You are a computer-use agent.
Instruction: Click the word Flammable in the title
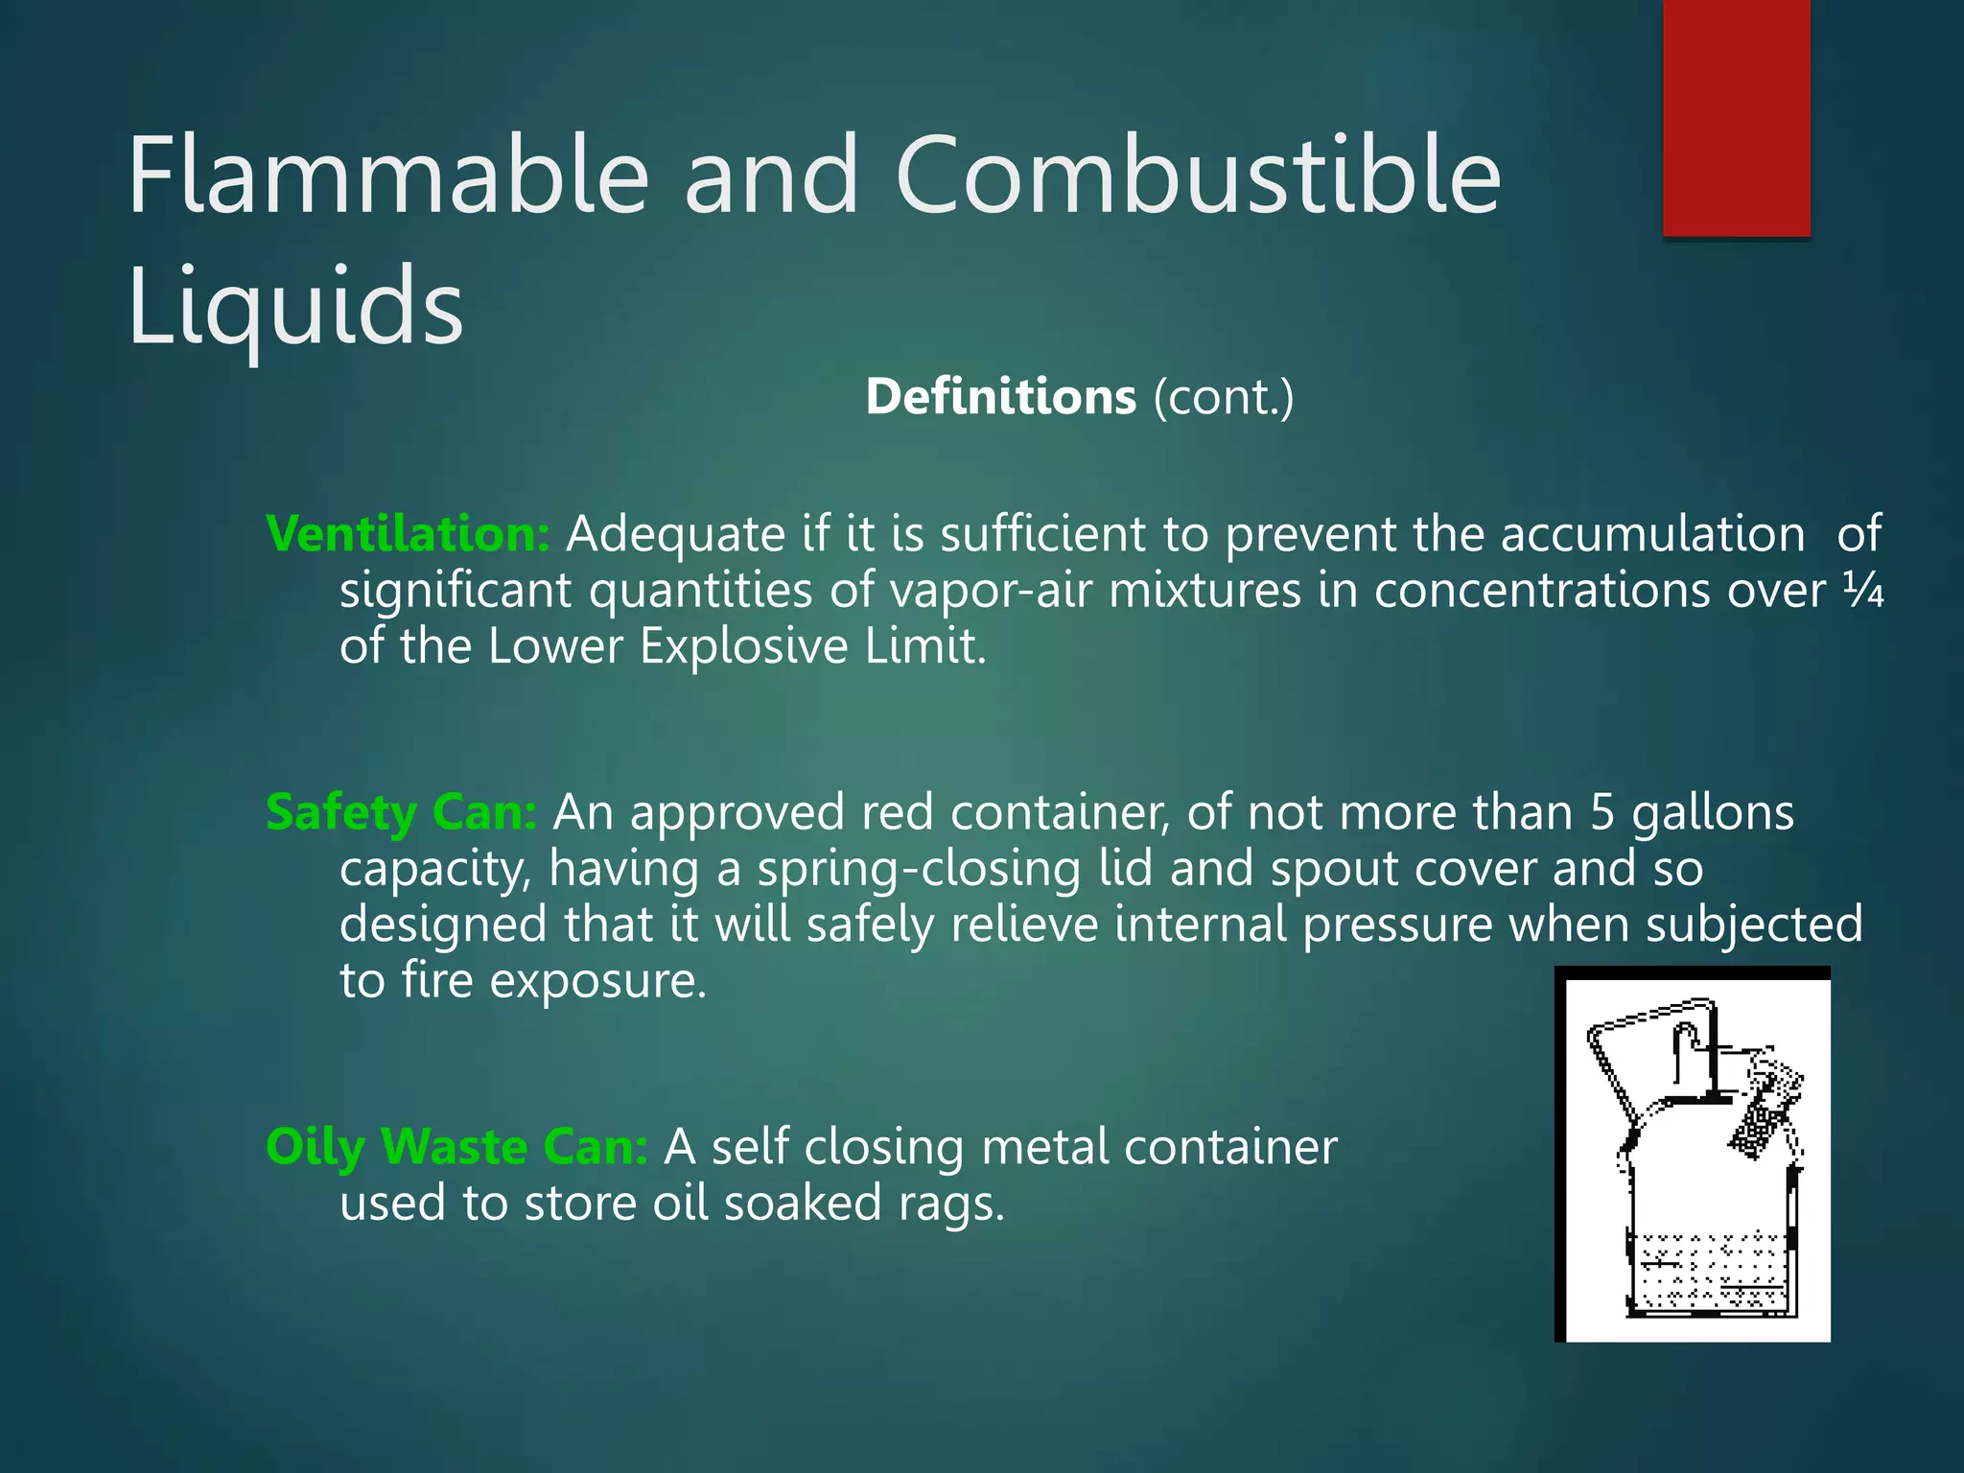(388, 175)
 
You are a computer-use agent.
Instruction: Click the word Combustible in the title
(1198, 175)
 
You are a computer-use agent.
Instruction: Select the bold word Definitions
(1000, 396)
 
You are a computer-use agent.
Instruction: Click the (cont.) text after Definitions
(1223, 396)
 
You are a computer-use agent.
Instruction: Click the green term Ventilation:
(408, 533)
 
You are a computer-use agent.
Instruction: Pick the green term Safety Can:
(401, 812)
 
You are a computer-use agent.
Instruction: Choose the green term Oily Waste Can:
(456, 1146)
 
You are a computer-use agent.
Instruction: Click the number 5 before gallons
(1602, 812)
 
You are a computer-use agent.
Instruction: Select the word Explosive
(743, 645)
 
